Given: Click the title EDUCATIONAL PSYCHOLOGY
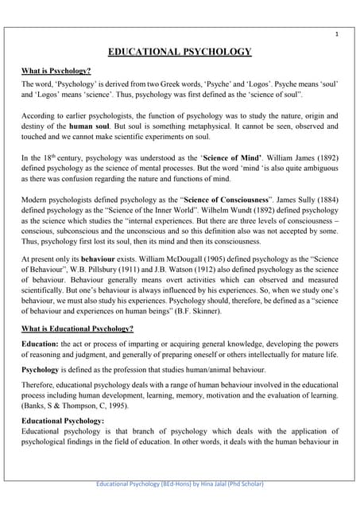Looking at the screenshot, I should (x=180, y=52).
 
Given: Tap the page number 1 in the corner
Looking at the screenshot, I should (x=336, y=34).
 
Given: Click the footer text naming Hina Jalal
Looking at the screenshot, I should (x=180, y=483).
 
